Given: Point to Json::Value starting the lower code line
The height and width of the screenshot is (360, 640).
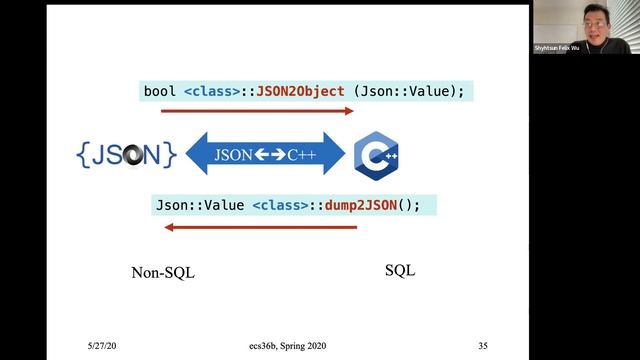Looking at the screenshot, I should pos(198,205).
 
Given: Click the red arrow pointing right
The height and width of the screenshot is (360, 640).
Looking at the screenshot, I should pos(258,111).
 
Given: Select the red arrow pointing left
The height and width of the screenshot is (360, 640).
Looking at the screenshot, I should pos(260,227).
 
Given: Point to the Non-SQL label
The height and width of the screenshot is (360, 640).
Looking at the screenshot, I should pos(163,272).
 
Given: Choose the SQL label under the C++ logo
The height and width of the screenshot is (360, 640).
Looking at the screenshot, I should pos(400,270).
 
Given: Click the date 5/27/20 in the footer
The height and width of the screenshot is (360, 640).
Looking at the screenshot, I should pos(103,346).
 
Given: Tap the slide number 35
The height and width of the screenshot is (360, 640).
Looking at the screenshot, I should pos(483,346).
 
